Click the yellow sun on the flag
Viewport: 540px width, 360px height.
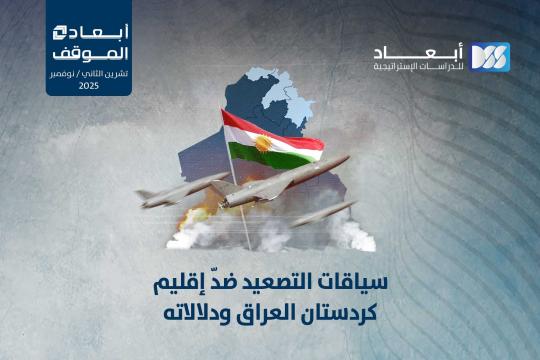(x=264, y=144)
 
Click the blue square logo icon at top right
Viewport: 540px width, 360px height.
(x=489, y=57)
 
